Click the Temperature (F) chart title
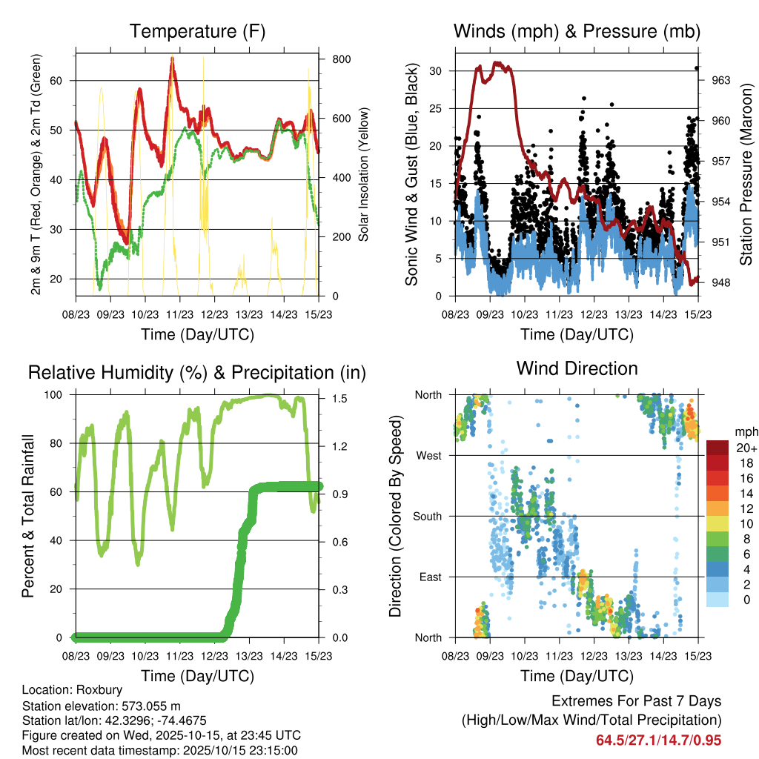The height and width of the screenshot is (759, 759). [197, 32]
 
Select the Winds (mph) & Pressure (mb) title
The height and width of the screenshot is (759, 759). [577, 32]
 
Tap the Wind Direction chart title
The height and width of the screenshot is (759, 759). [577, 368]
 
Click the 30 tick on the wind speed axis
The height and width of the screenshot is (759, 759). [443, 71]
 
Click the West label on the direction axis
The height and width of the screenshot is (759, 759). [428, 455]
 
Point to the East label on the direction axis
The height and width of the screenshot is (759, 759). [430, 577]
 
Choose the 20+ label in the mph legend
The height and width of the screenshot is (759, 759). [745, 448]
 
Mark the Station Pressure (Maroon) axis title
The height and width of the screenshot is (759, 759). [746, 174]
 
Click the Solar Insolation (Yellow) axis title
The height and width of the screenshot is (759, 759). [364, 174]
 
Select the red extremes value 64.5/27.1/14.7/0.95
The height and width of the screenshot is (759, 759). [658, 740]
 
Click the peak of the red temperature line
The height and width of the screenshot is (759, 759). [172, 58]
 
